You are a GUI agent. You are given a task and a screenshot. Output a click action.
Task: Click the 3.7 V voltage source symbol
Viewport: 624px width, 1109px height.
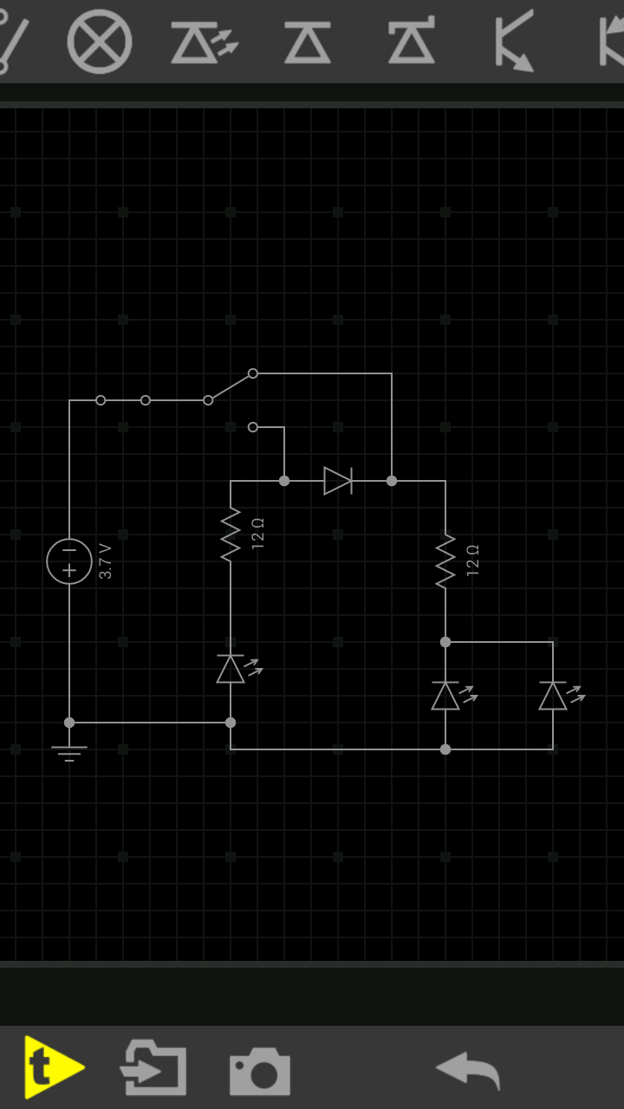pyautogui.click(x=69, y=561)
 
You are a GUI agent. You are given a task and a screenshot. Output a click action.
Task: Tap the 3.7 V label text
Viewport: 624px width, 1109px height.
pyautogui.click(x=106, y=561)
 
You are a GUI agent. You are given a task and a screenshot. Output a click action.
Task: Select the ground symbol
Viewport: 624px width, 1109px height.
pyautogui.click(x=69, y=750)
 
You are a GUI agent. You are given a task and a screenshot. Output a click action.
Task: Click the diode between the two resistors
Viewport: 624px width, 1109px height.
pyautogui.click(x=338, y=480)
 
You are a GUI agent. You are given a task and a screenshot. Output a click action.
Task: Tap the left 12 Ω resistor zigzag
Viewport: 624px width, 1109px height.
pyautogui.click(x=231, y=535)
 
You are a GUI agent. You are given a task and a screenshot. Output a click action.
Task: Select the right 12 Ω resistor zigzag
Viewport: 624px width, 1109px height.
pyautogui.click(x=445, y=561)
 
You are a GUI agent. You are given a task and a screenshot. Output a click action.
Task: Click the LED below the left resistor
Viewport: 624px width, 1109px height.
pyautogui.click(x=231, y=669)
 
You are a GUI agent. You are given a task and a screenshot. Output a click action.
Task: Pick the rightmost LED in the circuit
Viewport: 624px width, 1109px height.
pyautogui.click(x=554, y=696)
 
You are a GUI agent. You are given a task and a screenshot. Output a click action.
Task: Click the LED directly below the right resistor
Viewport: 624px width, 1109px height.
pyautogui.click(x=446, y=696)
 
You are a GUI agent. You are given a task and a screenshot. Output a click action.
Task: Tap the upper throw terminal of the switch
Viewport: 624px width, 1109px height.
pyautogui.click(x=253, y=373)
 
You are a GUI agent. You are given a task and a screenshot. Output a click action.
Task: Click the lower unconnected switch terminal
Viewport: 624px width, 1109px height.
pyautogui.click(x=253, y=427)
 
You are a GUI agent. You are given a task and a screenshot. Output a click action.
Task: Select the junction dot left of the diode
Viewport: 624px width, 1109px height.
pyautogui.click(x=284, y=480)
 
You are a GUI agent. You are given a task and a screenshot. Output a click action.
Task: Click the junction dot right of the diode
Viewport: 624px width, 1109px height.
pyautogui.click(x=392, y=480)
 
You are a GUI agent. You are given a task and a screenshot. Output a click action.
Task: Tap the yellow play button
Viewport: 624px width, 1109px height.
pyautogui.click(x=53, y=1067)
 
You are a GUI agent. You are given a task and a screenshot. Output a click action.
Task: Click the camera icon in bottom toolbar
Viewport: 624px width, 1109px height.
pyautogui.click(x=259, y=1071)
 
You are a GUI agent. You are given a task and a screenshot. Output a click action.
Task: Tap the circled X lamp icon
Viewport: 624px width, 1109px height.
pyautogui.click(x=100, y=42)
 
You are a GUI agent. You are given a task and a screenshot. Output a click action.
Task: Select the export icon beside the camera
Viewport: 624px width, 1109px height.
pyautogui.click(x=153, y=1069)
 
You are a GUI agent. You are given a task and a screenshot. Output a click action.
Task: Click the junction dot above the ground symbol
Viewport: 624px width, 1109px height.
pyautogui.click(x=69, y=723)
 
